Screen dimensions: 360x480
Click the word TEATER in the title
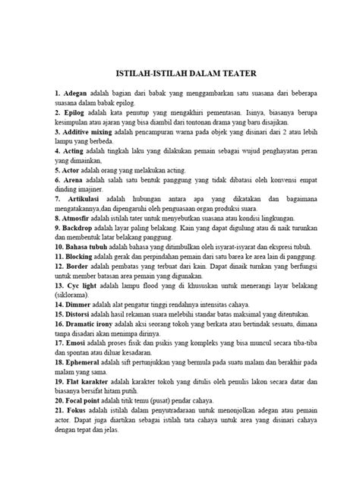click(x=238, y=74)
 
